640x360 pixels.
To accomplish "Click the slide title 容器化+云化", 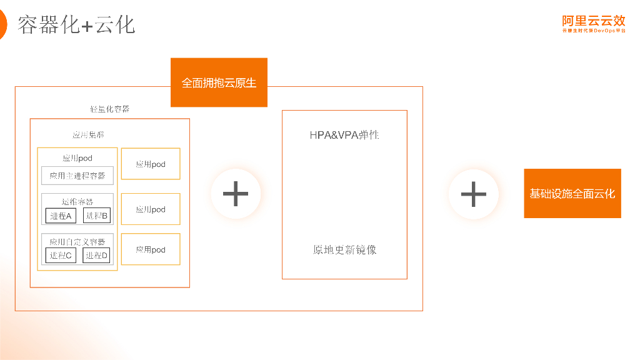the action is [x=76, y=25].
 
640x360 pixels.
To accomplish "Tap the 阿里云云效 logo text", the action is [x=593, y=20].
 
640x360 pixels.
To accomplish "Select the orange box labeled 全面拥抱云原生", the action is [x=219, y=82].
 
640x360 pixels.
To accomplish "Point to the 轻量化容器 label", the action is [x=110, y=109].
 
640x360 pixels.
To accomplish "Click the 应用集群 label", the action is [x=88, y=134].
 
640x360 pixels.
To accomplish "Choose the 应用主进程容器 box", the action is [x=77, y=176].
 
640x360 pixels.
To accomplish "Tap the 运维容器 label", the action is [x=77, y=201].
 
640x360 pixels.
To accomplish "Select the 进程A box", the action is [x=61, y=216].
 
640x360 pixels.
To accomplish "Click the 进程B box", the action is [x=96, y=216].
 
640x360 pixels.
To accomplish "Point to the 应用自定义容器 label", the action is [x=77, y=241].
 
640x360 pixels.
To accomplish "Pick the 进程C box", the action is [x=61, y=255].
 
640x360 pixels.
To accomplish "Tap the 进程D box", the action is [x=96, y=255].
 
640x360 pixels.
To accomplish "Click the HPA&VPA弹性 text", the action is [x=344, y=135].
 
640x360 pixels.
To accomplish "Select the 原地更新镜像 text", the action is [x=344, y=250].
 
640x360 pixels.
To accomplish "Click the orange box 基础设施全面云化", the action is [x=572, y=194].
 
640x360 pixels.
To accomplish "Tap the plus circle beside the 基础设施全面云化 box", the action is [x=473, y=194].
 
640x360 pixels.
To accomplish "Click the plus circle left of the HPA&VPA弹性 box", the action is [x=236, y=194].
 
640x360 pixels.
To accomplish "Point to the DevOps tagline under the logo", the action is [x=593, y=31].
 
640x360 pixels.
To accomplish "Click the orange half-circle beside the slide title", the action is [x=2, y=25].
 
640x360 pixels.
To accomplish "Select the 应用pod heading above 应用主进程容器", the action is [x=77, y=158].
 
